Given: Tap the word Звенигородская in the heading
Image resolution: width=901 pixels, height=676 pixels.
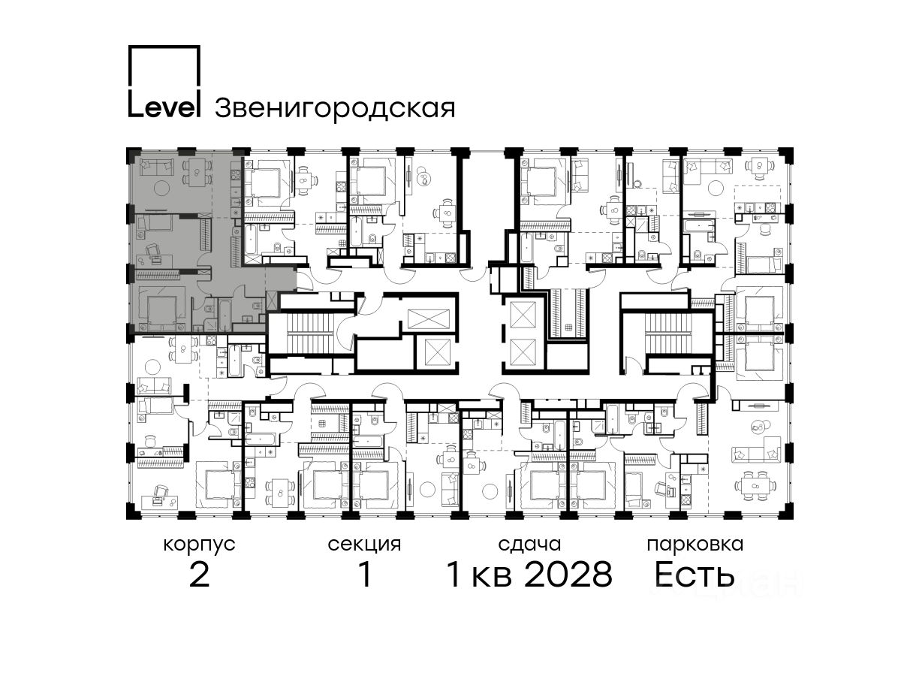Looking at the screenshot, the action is coord(335,107).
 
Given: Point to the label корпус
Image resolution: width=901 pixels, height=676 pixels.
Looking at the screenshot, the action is coord(199,545).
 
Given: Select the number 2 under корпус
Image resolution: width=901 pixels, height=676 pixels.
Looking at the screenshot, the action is coord(199,574).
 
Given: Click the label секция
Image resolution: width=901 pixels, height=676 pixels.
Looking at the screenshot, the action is coord(364,545).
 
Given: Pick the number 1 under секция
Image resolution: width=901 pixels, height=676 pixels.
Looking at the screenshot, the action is coord(365,574).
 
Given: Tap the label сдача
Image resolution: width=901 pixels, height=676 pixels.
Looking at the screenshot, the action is coord(529,545).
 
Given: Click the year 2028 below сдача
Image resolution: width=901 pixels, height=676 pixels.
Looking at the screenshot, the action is coord(568,574).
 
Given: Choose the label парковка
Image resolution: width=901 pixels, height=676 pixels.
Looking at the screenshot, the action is coord(695,545).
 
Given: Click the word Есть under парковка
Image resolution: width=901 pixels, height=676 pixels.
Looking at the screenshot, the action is coord(694,574).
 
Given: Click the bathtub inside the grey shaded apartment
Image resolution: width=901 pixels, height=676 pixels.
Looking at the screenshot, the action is coord(224,315).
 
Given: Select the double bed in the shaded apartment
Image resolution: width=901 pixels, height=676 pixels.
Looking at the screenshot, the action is coord(161,308).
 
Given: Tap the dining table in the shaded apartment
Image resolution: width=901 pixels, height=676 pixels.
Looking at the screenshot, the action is coord(197,171).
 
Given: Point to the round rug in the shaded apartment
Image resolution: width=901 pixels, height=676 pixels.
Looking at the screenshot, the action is coord(161,189).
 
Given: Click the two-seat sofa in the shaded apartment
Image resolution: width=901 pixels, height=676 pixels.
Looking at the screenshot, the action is coord(156,167).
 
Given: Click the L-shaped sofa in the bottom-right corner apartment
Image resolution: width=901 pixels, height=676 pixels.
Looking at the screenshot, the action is coord(755,450).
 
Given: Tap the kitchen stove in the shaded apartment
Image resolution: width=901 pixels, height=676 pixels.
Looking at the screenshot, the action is coord(236,175).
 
